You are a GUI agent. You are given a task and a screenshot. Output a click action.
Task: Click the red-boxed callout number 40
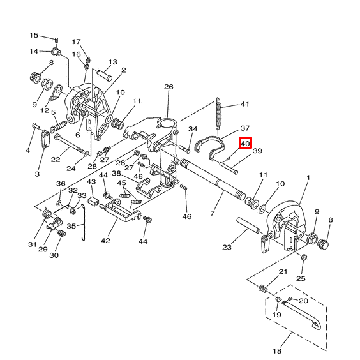[x=246, y=144]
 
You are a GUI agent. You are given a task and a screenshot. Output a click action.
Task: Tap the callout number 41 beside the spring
[x=244, y=104]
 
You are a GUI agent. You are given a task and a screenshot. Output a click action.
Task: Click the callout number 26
[x=169, y=87]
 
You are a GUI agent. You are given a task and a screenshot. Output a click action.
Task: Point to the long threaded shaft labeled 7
[x=211, y=179]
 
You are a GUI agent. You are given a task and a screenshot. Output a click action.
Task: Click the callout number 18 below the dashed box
[x=277, y=351]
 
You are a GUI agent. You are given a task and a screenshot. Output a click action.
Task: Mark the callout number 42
[x=105, y=241]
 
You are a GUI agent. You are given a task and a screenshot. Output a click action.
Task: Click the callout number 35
[x=71, y=225]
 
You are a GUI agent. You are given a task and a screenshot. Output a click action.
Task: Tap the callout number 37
[x=244, y=128]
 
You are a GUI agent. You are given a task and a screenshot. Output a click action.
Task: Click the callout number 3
[x=37, y=174]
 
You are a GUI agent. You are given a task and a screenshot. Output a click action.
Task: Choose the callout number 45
[x=121, y=183]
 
